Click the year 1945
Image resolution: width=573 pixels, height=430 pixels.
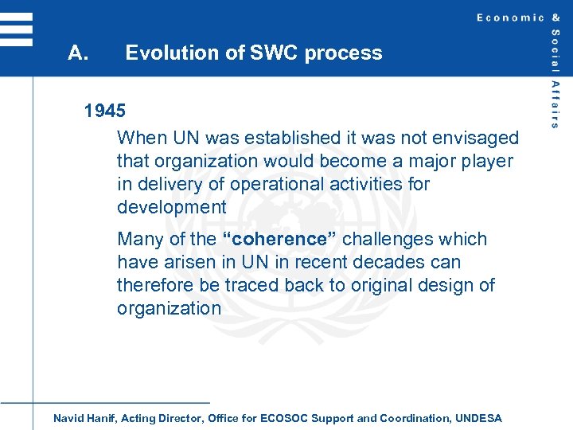click(105, 111)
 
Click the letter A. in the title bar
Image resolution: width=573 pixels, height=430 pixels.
click(77, 53)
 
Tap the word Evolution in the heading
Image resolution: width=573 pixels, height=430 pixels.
click(165, 53)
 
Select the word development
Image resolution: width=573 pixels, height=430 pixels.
click(171, 208)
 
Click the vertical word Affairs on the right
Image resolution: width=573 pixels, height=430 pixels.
click(555, 104)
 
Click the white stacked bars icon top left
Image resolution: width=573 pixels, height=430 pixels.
click(16, 29)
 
